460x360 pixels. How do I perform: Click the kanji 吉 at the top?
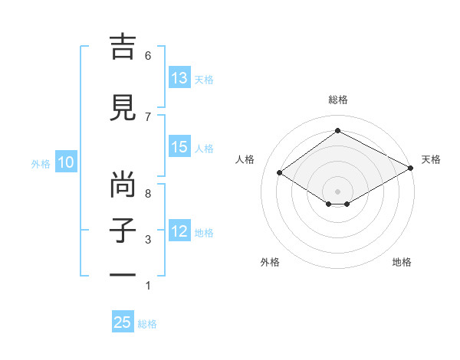tap(123, 47)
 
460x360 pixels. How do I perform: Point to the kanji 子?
tap(123, 231)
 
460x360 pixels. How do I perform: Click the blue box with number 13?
tap(179, 78)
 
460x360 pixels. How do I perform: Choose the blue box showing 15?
tap(179, 148)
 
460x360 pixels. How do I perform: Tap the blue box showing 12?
tap(179, 231)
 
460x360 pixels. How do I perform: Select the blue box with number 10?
tap(66, 162)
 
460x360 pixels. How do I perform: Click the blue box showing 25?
tap(123, 322)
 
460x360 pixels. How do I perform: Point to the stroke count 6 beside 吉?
tap(148, 56)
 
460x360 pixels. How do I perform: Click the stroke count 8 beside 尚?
tap(148, 194)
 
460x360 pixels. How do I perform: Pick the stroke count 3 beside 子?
tap(148, 240)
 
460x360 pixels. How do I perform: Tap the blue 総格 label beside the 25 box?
tap(147, 324)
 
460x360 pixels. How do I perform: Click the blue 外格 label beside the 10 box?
tap(41, 163)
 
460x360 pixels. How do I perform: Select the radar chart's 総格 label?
tap(337, 100)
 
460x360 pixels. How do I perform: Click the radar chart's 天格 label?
tap(431, 159)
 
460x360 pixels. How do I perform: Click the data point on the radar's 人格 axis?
tap(280, 173)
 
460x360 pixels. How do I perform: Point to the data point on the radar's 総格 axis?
tap(337, 131)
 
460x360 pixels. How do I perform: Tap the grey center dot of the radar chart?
tap(337, 190)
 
